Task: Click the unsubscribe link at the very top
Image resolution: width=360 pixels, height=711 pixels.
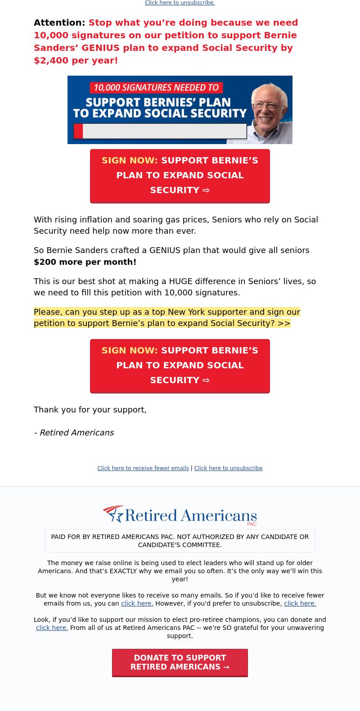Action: [x=180, y=3]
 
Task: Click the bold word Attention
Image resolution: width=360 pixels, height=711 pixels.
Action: [x=59, y=23]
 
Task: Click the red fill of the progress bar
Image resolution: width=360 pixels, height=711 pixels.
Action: [x=78, y=131]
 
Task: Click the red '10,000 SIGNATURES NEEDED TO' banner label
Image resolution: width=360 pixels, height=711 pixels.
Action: [x=156, y=88]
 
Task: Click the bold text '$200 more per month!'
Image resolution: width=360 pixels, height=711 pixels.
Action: [x=85, y=262]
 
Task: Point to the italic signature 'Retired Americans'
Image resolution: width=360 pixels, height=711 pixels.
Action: [x=76, y=433]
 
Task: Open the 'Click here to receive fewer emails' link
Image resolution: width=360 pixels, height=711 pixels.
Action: [x=143, y=468]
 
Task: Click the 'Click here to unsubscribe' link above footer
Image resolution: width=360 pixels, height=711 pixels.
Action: [x=228, y=468]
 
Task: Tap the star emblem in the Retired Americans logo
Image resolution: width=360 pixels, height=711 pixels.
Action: [x=115, y=514]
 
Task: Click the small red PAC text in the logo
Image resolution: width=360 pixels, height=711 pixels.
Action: [x=252, y=524]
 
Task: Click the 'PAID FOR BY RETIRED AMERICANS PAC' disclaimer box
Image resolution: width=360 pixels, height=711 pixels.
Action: [x=180, y=541]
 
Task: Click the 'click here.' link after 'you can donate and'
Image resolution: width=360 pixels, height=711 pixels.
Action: [x=52, y=628]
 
